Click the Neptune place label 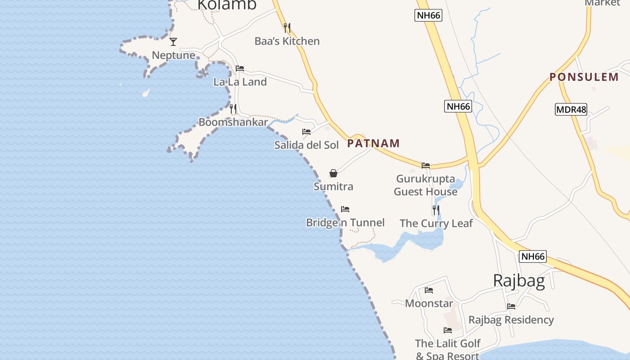(173, 55)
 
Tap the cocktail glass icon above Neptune (173, 42)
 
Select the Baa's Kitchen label (287, 41)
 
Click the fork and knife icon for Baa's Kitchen (287, 28)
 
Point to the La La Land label (240, 82)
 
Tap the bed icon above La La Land (240, 68)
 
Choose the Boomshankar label (233, 122)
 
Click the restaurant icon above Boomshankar (233, 109)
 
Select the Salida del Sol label (306, 145)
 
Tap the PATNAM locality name (373, 144)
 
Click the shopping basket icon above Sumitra (333, 173)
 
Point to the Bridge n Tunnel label (345, 222)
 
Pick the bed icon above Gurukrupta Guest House (426, 166)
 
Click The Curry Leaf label (436, 223)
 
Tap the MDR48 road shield (571, 109)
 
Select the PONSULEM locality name (584, 77)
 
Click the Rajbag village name (519, 280)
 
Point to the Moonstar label (429, 303)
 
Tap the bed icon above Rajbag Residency (511, 306)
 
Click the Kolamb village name (227, 4)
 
